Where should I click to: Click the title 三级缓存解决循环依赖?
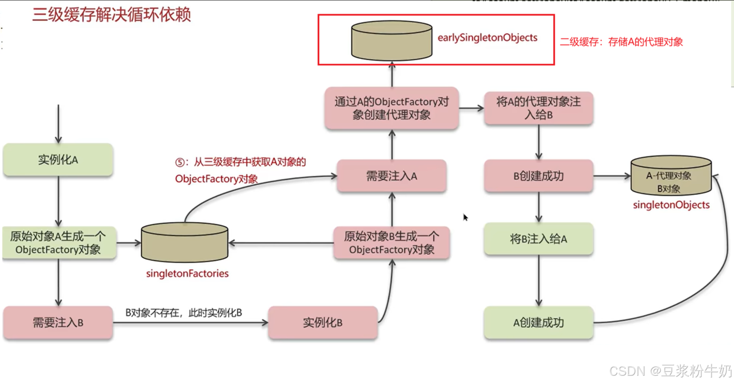111,15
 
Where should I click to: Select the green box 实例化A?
58,160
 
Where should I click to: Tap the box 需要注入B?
58,323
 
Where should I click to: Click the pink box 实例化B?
323,323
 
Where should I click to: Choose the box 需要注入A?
392,176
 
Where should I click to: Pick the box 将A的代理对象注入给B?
538,108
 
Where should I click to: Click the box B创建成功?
538,176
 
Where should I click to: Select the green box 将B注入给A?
538,239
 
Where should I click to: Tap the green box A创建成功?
538,323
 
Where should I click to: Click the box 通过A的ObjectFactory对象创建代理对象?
392,108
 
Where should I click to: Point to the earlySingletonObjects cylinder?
392,40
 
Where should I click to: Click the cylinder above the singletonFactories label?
185,242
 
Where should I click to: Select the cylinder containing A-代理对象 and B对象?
671,176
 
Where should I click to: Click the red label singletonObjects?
671,205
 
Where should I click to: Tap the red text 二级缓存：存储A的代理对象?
621,42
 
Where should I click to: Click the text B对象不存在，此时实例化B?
184,313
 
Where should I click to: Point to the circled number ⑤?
180,162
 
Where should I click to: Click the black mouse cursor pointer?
465,217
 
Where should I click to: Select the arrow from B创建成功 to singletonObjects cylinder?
611,176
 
